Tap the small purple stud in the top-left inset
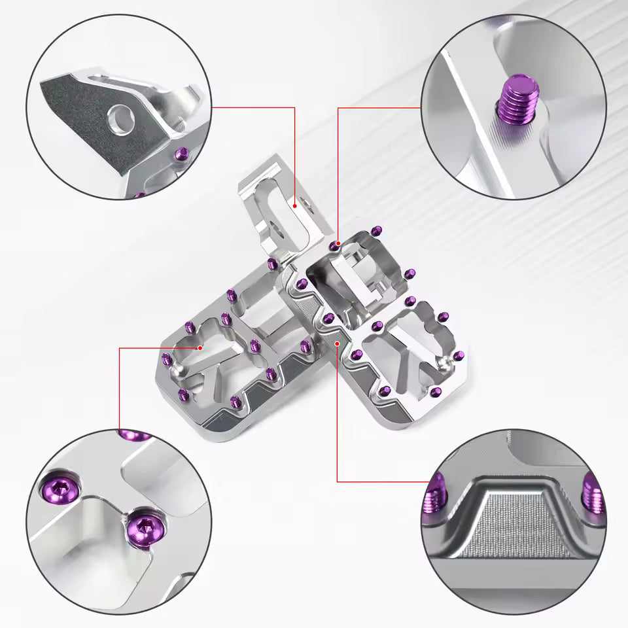click(x=183, y=155)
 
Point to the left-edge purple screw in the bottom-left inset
click(x=54, y=487)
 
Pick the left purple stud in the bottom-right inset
click(x=436, y=495)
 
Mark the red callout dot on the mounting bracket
click(x=295, y=205)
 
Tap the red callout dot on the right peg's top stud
click(x=338, y=243)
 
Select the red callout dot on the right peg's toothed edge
click(x=337, y=342)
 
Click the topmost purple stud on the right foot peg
click(x=376, y=230)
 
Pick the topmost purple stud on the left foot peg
click(x=271, y=263)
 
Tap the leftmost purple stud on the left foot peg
click(x=166, y=358)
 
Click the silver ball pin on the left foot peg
click(x=177, y=370)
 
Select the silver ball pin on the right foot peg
click(x=447, y=360)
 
